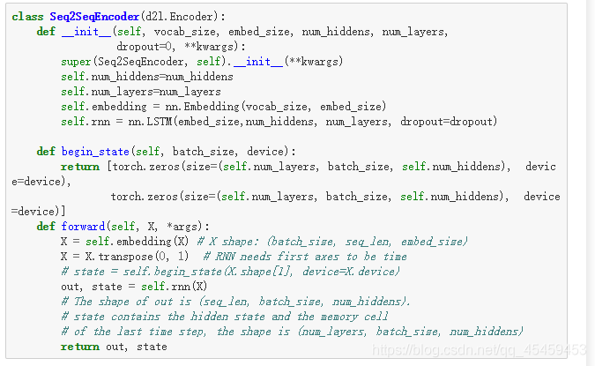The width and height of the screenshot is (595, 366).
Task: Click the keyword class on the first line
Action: (28, 17)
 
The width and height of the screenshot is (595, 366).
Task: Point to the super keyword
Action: (76, 61)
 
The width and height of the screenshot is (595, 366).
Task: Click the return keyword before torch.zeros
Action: (80, 166)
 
